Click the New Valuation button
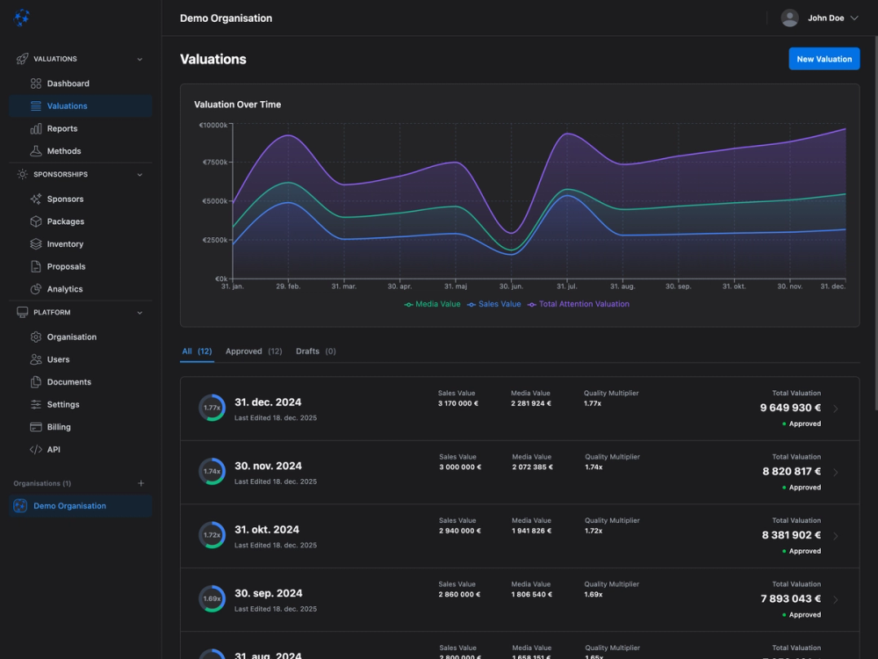click(x=824, y=59)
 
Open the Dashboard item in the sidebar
click(x=68, y=83)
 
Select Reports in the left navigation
click(x=62, y=128)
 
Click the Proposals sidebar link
click(x=66, y=266)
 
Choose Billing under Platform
click(x=59, y=427)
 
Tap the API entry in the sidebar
click(x=54, y=449)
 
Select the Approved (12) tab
click(x=253, y=351)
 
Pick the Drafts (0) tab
click(x=315, y=351)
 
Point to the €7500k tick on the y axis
click(x=215, y=163)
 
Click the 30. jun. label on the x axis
click(x=511, y=286)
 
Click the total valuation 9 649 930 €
click(x=790, y=408)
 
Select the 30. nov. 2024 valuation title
click(x=268, y=466)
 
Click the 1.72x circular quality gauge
click(x=212, y=534)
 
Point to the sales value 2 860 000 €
click(x=459, y=595)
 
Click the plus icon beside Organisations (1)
click(x=141, y=483)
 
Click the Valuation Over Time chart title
click(x=237, y=105)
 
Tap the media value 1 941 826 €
click(x=532, y=531)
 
